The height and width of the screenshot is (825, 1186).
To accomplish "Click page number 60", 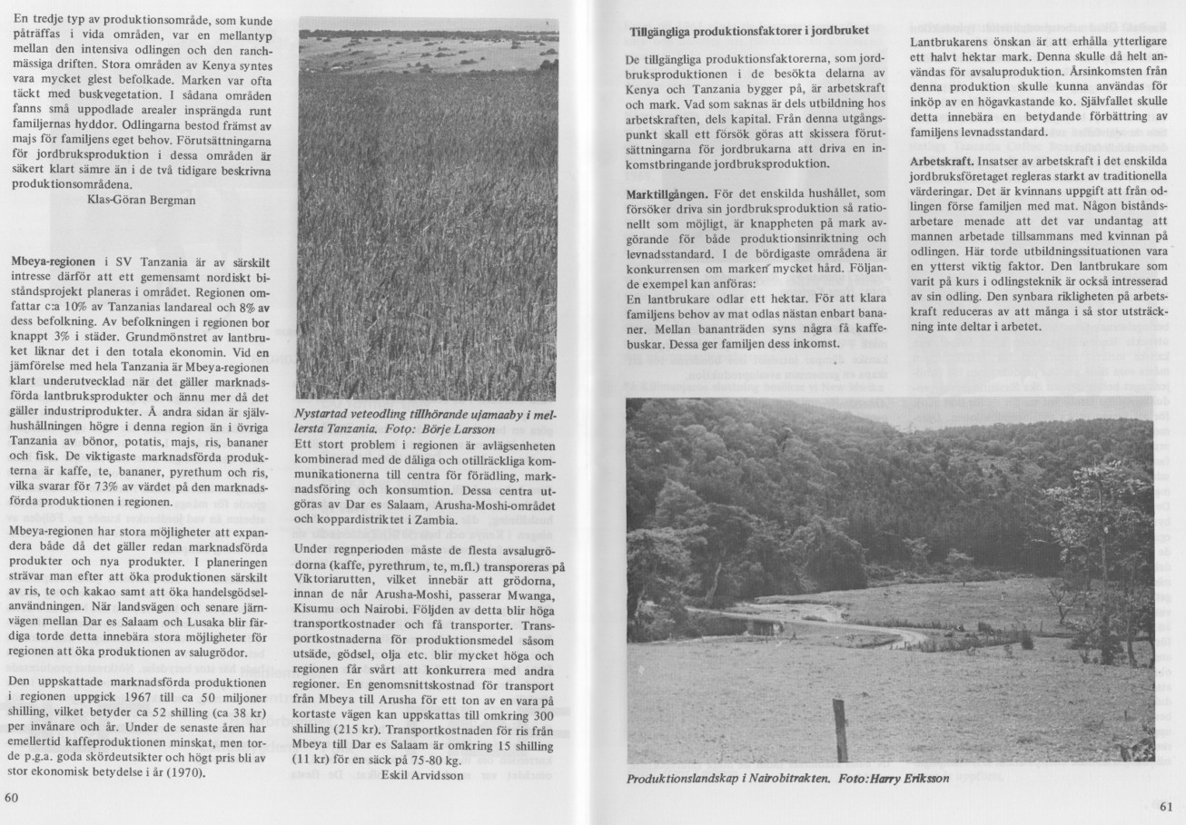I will pos(12,799).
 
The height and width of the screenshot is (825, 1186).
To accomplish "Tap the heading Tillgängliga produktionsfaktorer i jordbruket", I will pos(749,32).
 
